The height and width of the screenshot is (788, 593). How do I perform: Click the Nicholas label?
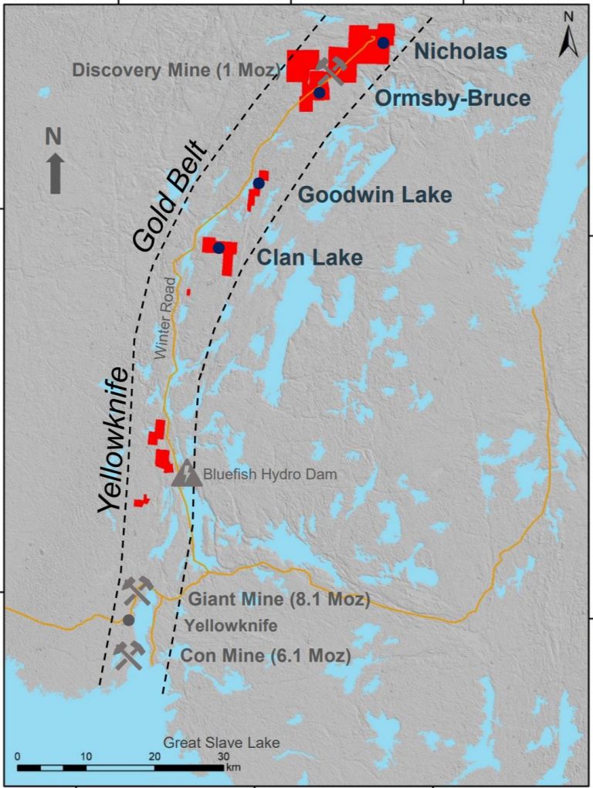(460, 52)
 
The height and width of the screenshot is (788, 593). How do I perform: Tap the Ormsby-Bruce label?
(452, 98)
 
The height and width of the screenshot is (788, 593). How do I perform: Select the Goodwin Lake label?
(375, 194)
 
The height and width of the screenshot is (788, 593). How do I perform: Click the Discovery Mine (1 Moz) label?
(175, 70)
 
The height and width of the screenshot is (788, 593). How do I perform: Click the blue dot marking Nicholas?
(383, 42)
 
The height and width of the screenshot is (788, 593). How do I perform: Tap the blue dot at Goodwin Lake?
(259, 183)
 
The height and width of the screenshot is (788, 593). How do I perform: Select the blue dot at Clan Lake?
(219, 248)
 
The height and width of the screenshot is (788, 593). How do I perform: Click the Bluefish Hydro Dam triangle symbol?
(186, 473)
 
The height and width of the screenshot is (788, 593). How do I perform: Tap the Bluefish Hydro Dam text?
(269, 475)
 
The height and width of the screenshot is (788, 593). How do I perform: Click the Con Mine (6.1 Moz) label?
(265, 656)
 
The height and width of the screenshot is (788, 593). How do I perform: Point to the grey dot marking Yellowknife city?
(128, 620)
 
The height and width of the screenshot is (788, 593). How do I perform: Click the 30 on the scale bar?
(223, 756)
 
